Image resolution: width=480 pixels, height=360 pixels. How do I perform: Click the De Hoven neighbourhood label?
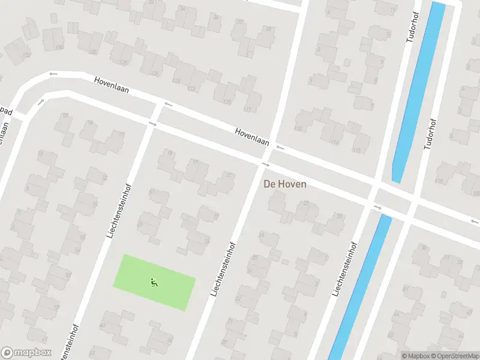point(285,184)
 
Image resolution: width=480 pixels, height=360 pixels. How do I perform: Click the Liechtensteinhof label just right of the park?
point(221,269)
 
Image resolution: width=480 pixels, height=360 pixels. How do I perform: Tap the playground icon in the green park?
point(154,281)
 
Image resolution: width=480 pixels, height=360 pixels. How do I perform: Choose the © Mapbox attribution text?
point(416,356)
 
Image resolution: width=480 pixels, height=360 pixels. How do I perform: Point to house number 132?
point(26,55)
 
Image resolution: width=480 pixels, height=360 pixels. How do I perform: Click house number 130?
point(59,46)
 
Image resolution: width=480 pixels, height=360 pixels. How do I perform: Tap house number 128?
point(93,52)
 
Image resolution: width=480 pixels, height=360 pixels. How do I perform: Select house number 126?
point(124,62)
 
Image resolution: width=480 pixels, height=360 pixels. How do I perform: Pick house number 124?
point(155,74)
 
